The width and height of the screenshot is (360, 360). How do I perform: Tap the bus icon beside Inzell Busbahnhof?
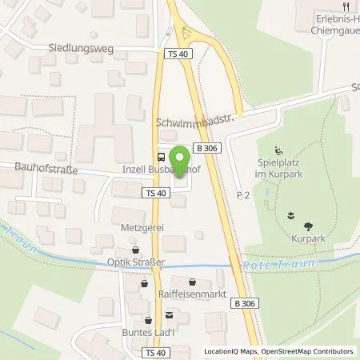coord(162,156)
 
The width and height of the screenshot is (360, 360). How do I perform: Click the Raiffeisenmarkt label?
coord(192,294)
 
